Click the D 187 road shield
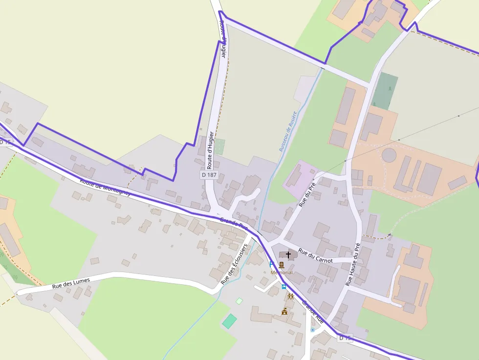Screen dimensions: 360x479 (209, 174)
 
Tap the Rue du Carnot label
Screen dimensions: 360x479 (315, 256)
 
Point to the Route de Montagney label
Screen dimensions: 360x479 (105, 187)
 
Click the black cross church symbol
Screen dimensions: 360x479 (288, 254)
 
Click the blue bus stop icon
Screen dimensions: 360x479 (284, 287)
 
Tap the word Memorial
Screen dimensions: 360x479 (282, 273)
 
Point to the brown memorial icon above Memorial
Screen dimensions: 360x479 (281, 265)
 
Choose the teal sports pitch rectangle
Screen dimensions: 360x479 (229, 321)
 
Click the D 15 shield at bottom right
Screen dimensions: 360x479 (345, 338)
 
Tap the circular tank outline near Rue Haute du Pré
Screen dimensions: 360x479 (389, 155)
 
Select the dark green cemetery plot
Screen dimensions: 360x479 (385, 91)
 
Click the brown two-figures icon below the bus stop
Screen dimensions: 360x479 (291, 296)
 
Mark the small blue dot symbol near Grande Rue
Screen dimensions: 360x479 (312, 330)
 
